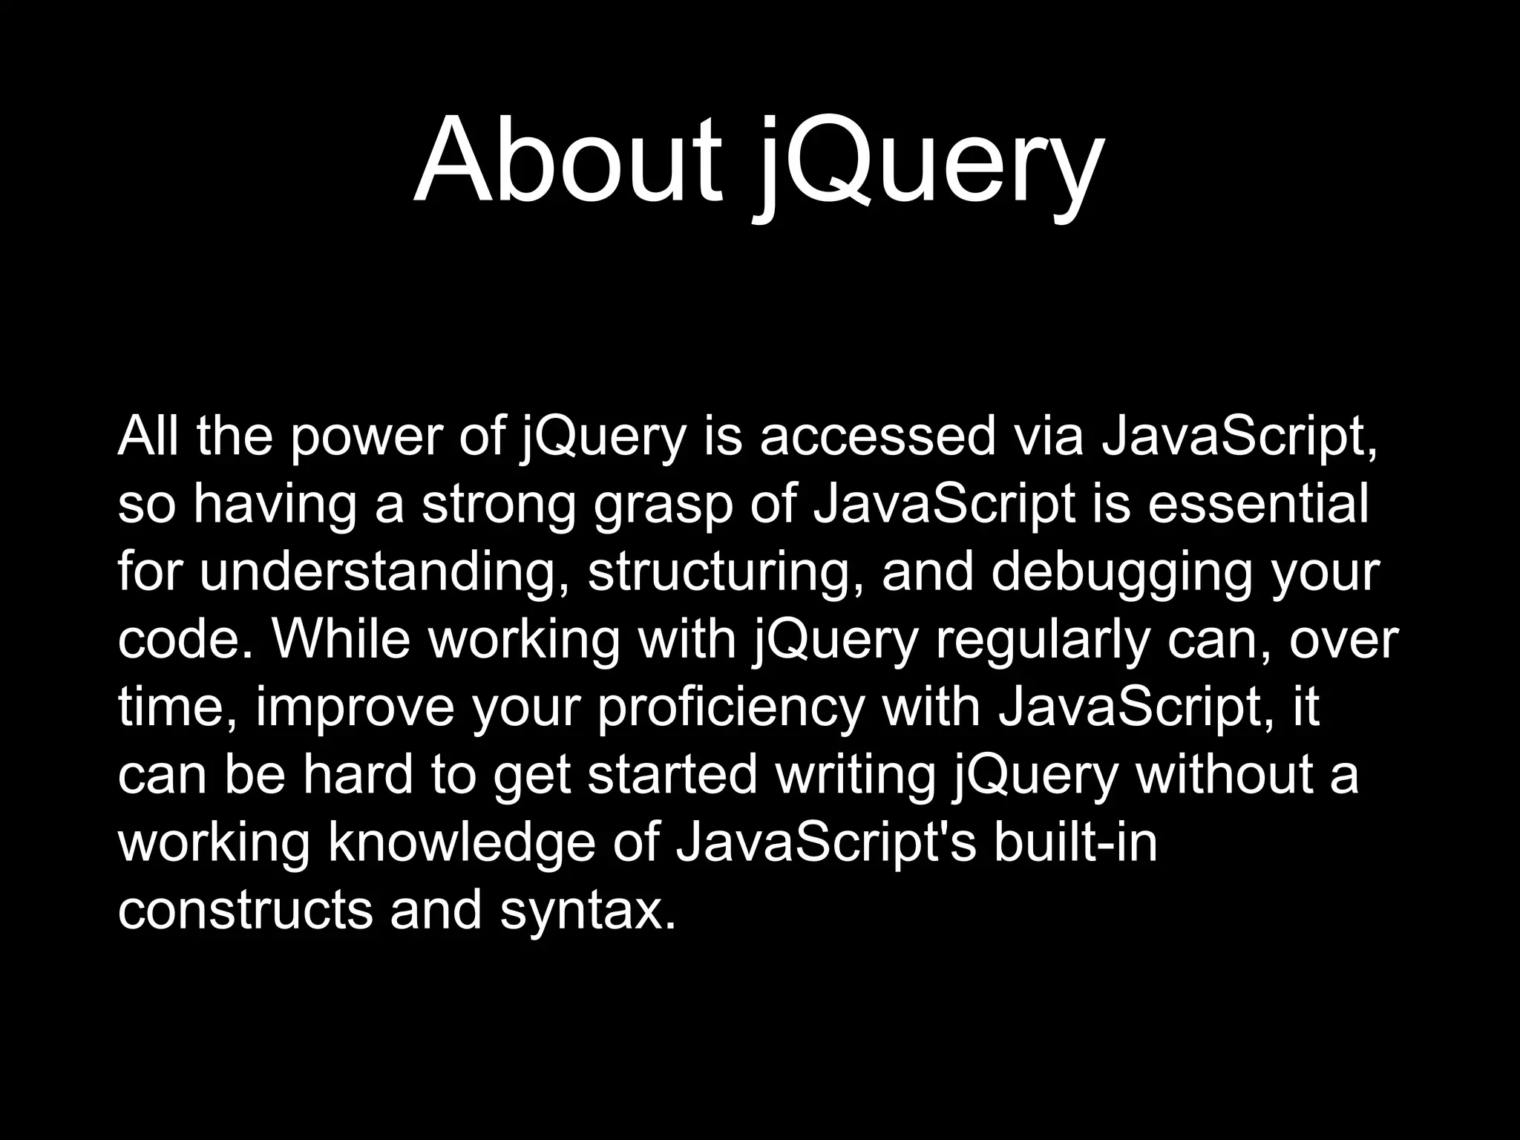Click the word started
tap(672, 774)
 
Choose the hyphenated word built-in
tap(1075, 842)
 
